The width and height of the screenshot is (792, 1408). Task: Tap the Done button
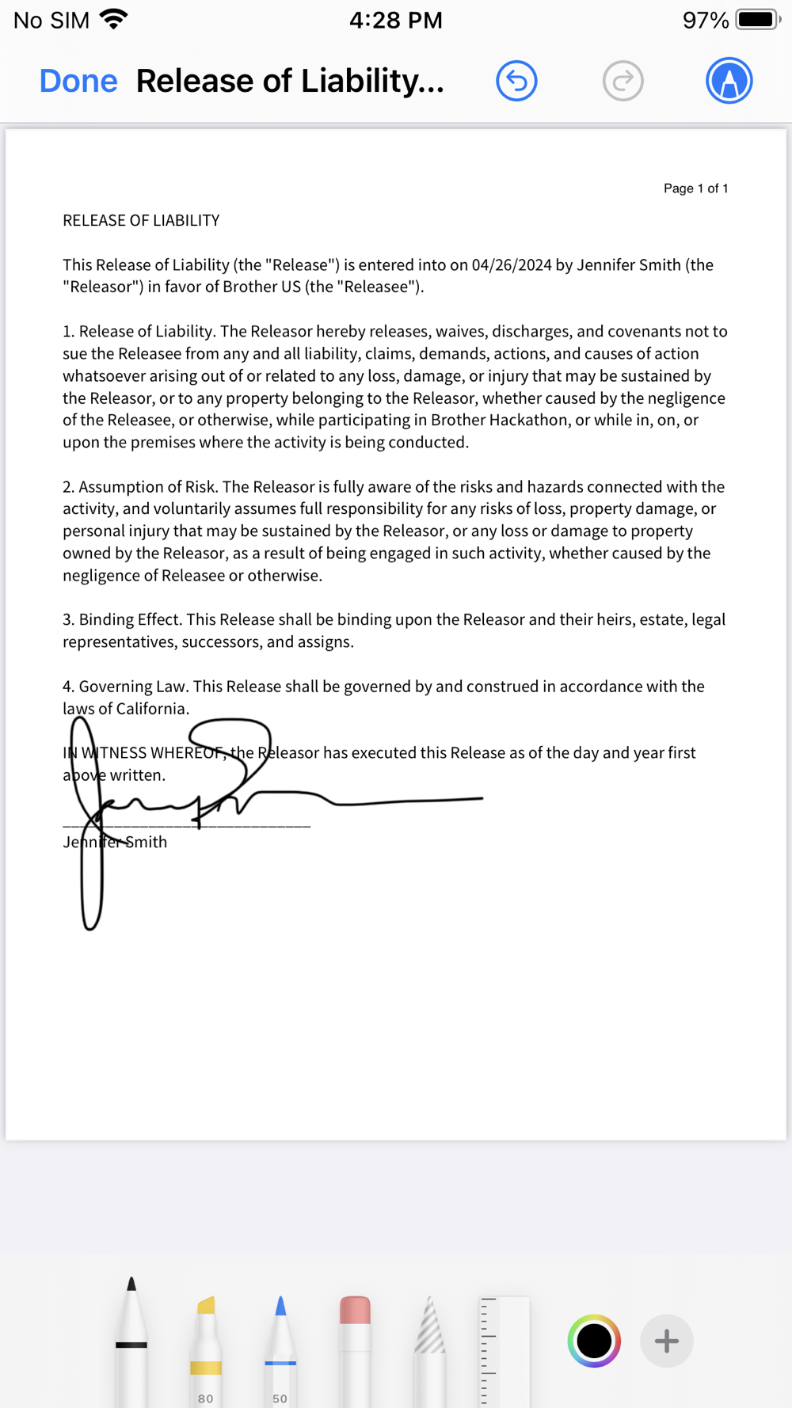(78, 81)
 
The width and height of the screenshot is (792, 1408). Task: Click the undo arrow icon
(516, 81)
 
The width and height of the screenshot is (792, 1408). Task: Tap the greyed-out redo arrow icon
(623, 81)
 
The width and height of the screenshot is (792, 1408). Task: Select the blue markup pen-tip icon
(729, 81)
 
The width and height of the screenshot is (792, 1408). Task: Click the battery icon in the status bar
(757, 20)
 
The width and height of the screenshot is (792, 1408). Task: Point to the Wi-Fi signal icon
(114, 19)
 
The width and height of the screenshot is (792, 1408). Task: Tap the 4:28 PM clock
(395, 20)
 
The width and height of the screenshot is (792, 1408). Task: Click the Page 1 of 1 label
(695, 188)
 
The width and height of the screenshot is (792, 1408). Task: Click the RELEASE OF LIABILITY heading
(141, 220)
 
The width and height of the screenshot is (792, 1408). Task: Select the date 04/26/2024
(511, 264)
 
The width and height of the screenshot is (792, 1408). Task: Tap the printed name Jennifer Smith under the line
(115, 842)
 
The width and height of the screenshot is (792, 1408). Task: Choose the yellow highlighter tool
(206, 1346)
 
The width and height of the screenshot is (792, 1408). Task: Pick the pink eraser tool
(355, 1346)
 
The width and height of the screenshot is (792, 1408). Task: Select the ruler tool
(503, 1350)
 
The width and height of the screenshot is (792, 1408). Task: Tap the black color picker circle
(594, 1341)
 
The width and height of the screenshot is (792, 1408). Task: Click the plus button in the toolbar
(666, 1341)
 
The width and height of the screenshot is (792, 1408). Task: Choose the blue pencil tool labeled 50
(280, 1346)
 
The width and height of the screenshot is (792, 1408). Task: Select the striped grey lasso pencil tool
(430, 1346)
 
